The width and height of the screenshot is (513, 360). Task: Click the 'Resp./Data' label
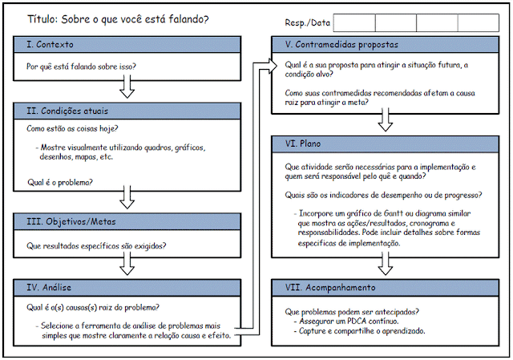307,23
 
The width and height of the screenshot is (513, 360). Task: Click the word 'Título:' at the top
45,18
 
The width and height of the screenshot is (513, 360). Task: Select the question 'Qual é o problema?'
60,183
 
